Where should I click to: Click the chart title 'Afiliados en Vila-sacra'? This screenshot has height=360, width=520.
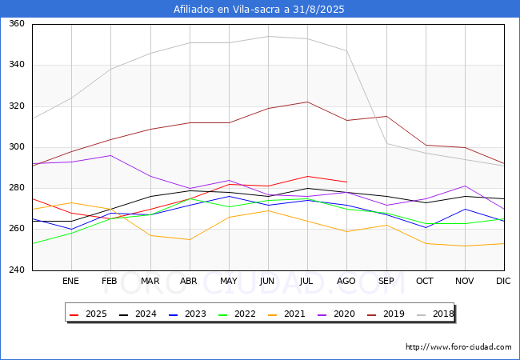pyautogui.click(x=259, y=10)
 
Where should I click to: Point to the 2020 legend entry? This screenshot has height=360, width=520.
pyautogui.click(x=339, y=314)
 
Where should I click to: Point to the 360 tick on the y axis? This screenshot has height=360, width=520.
pyautogui.click(x=17, y=24)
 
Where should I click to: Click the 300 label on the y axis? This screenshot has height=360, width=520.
pyautogui.click(x=17, y=147)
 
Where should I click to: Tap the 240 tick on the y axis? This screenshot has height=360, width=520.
pyautogui.click(x=17, y=270)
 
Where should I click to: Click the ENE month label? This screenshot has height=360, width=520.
pyautogui.click(x=71, y=282)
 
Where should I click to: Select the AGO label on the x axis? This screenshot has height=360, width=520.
pyautogui.click(x=346, y=282)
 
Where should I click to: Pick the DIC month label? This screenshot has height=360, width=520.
pyautogui.click(x=503, y=282)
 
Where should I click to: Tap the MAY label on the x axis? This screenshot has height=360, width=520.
pyautogui.click(x=229, y=282)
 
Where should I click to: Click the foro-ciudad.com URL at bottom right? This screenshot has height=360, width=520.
pyautogui.click(x=458, y=347)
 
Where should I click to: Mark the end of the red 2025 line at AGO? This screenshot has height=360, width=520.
pyautogui.click(x=346, y=182)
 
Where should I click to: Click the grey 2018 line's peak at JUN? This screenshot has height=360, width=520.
pyautogui.click(x=268, y=36)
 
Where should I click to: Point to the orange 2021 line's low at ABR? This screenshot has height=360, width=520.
pyautogui.click(x=190, y=239)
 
